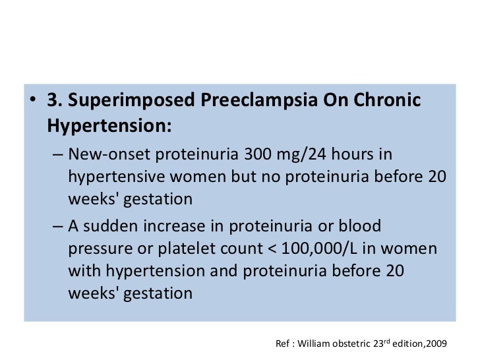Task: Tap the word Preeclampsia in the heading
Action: [256, 103]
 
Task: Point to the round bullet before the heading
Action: [32, 104]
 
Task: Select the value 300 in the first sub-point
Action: [258, 155]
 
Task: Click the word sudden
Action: [109, 226]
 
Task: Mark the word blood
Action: [359, 226]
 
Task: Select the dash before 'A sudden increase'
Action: [57, 227]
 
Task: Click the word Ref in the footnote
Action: [282, 344]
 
